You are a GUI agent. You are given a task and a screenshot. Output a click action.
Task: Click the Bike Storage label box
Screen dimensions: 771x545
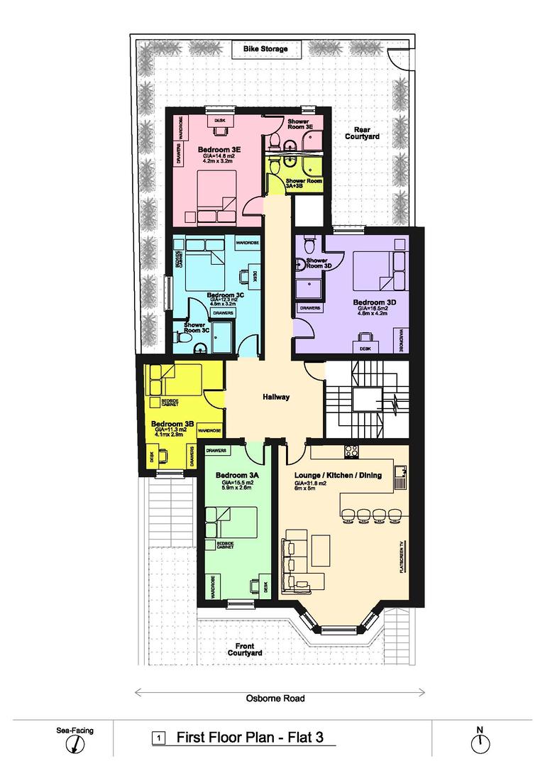265,49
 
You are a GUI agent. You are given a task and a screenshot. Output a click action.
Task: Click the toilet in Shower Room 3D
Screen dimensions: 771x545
309,246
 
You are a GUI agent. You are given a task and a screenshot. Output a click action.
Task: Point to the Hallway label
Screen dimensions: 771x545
275,397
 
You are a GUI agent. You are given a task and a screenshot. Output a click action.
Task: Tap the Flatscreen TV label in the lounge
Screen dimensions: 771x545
401,556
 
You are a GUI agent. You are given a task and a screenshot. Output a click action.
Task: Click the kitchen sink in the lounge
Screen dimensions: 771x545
400,471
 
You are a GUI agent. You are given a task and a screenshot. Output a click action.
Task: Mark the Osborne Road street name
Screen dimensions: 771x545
275,698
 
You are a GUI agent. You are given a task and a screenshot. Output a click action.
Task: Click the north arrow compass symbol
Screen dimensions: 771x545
480,742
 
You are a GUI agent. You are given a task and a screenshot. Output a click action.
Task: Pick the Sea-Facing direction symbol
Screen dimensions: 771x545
75,743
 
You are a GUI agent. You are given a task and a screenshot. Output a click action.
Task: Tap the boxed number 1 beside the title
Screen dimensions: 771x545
158,738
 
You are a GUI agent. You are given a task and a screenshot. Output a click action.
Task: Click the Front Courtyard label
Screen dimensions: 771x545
246,649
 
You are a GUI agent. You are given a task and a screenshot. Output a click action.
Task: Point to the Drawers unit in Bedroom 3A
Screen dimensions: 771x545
216,451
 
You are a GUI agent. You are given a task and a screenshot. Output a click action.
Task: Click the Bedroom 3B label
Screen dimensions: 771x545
168,424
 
